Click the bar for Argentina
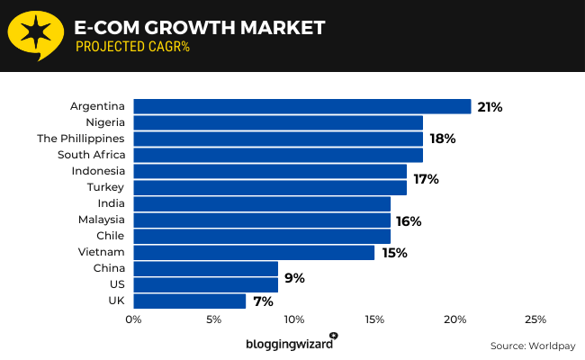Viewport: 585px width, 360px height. [x=302, y=106]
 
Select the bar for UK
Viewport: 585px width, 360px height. [x=190, y=301]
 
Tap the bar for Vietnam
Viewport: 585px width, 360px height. [x=254, y=252]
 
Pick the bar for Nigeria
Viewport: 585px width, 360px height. [x=278, y=122]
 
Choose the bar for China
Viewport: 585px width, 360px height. [x=206, y=268]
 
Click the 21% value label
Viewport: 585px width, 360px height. [x=490, y=107]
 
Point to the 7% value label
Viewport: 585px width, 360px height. [x=263, y=301]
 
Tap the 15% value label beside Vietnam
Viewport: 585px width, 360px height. [x=394, y=253]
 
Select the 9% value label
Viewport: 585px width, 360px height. [x=294, y=278]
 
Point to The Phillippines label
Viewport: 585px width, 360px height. [x=80, y=139]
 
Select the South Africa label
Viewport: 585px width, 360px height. [x=92, y=155]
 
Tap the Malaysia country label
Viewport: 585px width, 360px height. [x=99, y=220]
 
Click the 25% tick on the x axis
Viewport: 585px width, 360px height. [x=535, y=319]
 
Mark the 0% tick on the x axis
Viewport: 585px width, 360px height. [x=133, y=319]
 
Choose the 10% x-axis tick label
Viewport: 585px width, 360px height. [x=294, y=319]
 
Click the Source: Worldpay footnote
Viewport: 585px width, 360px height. [x=531, y=346]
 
